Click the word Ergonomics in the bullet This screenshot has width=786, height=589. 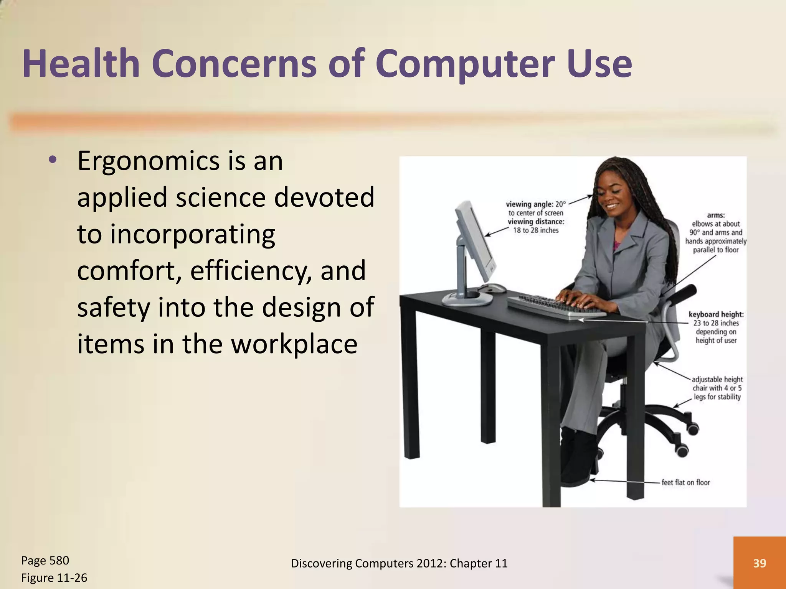(148, 161)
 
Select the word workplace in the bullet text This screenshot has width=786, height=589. (294, 344)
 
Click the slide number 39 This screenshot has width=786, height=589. (760, 563)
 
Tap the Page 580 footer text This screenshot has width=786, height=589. (45, 560)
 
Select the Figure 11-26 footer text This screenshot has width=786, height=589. (54, 577)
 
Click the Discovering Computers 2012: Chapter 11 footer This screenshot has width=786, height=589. (399, 563)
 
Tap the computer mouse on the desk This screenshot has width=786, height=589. (493, 288)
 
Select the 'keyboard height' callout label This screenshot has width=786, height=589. (716, 314)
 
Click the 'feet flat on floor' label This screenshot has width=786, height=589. (685, 482)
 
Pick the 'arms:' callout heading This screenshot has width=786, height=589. (716, 215)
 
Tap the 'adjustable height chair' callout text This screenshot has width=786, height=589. (717, 388)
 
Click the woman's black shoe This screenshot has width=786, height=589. (576, 460)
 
